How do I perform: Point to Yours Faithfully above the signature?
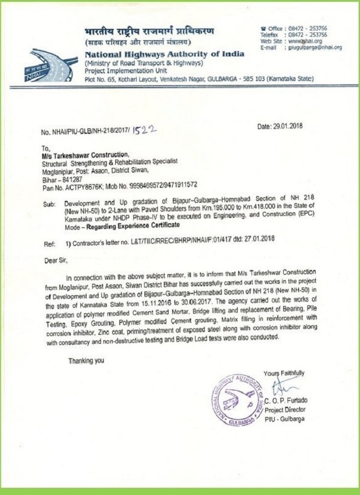pyautogui.click(x=283, y=372)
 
